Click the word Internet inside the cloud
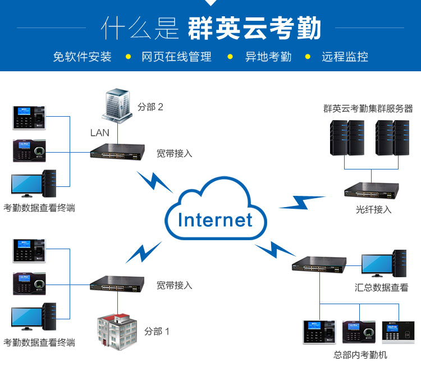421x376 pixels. [x=215, y=219]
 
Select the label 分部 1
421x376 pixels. [x=157, y=331]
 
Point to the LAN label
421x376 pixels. [x=100, y=133]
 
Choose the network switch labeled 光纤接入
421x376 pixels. [x=371, y=190]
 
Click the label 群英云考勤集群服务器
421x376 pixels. [x=368, y=108]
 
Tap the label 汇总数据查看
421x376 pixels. [x=381, y=288]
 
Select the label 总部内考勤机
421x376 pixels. [x=360, y=355]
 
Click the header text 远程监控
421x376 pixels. [x=345, y=57]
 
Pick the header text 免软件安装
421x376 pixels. [x=82, y=57]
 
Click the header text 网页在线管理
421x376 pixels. [x=176, y=57]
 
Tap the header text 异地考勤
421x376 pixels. [x=268, y=57]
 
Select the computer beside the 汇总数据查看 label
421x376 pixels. [x=382, y=264]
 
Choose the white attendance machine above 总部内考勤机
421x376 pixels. [x=398, y=332]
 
